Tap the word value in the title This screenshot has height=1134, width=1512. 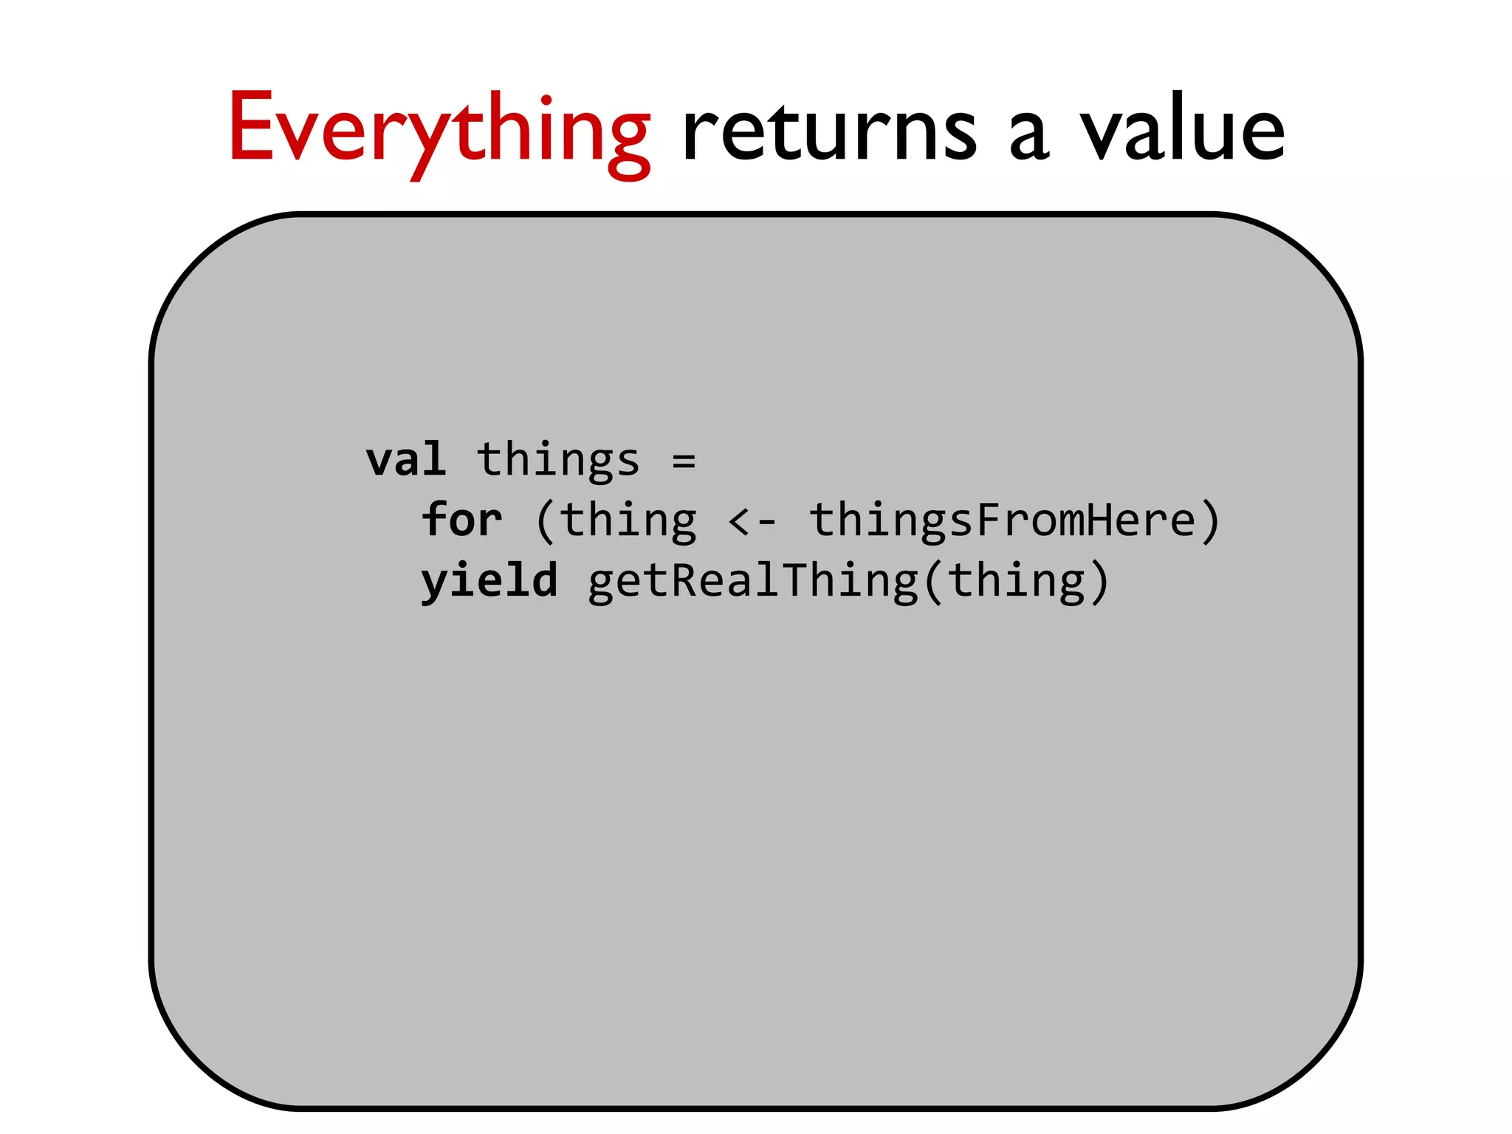tap(1183, 129)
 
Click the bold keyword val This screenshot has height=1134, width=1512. tap(406, 459)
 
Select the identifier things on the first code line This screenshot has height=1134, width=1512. tap(558, 459)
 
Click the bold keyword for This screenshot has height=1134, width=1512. tap(462, 520)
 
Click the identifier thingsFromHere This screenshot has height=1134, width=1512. tap(1003, 520)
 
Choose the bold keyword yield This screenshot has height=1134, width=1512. tap(489, 581)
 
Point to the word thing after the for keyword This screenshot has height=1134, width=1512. tap(628, 520)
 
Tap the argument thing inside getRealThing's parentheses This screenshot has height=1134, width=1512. tap(1017, 581)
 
